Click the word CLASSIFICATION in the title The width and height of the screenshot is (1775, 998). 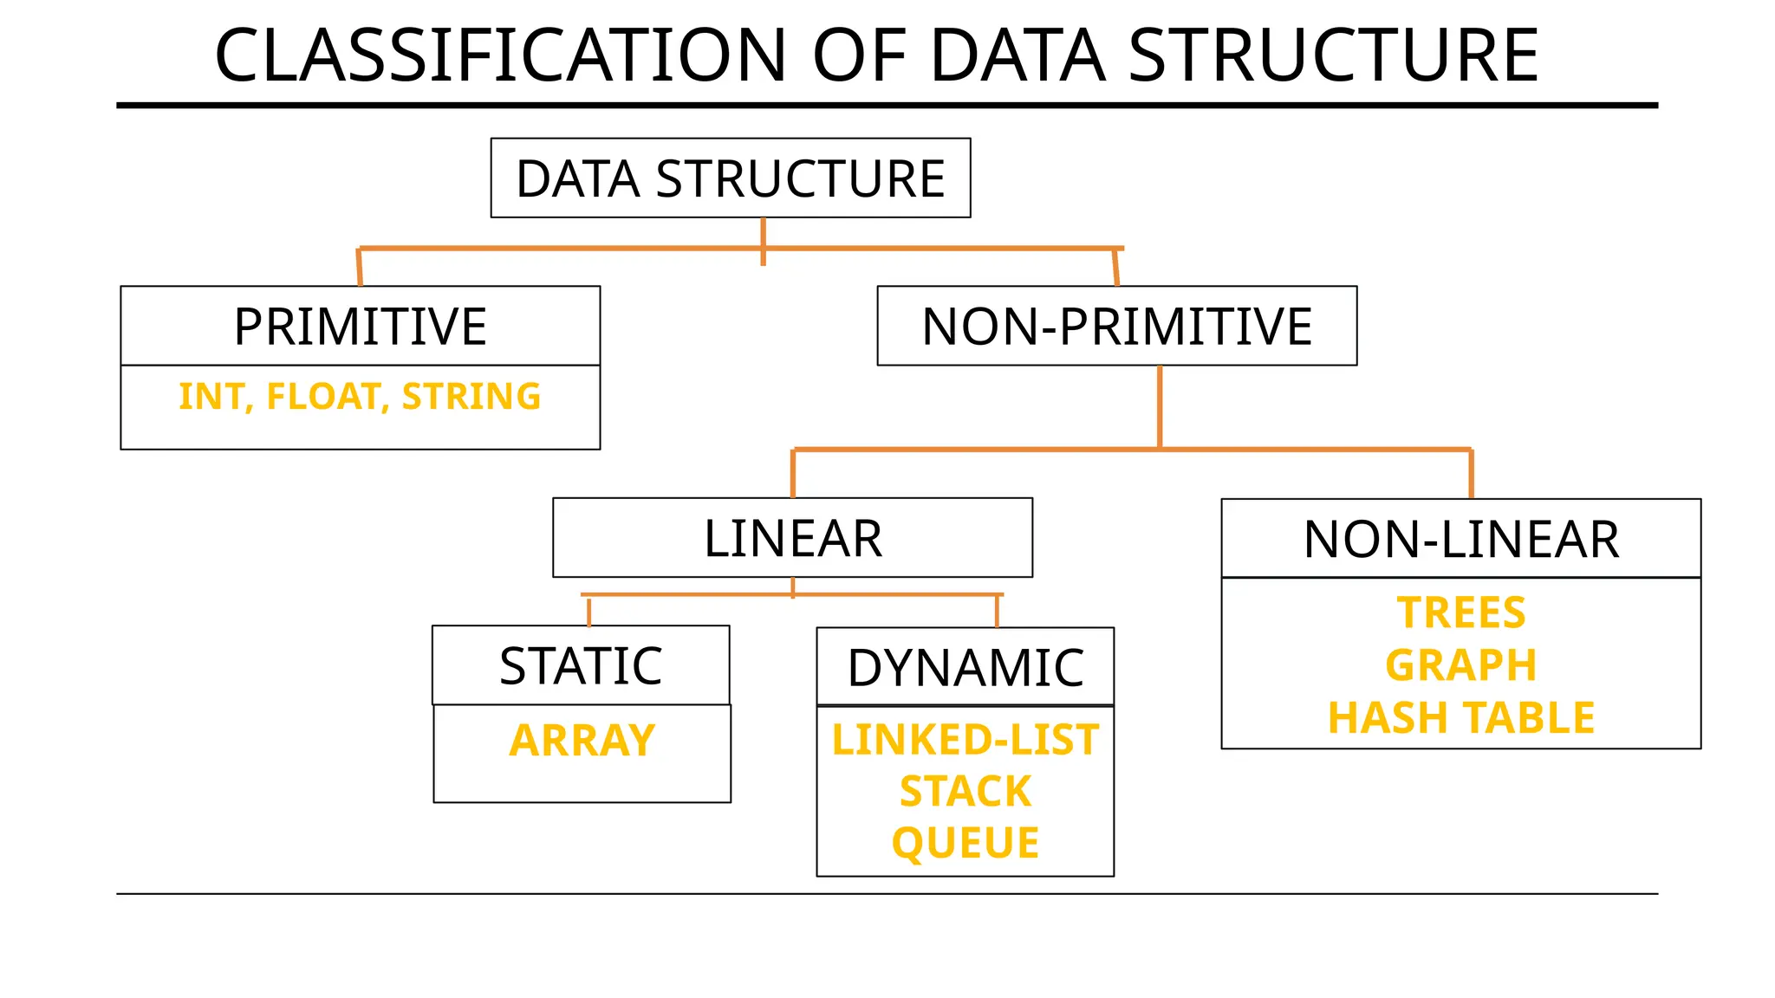500,55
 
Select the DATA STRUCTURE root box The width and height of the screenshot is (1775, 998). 730,178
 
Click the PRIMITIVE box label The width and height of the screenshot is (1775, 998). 360,327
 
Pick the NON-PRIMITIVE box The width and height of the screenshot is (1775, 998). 1116,327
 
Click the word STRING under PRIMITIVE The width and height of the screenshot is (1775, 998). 471,397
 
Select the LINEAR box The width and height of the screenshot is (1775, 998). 792,538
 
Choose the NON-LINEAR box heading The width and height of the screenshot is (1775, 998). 1460,539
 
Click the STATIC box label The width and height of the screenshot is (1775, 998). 581,666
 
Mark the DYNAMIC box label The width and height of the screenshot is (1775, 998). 965,668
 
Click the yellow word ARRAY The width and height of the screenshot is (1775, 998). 582,741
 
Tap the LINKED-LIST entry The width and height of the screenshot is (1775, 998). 965,740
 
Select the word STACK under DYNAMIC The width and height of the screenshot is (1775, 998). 965,791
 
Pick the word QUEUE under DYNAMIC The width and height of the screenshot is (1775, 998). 965,843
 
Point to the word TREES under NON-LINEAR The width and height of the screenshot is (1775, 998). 1460,612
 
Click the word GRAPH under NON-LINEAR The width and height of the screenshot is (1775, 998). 1460,665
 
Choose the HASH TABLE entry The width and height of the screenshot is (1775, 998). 1460,718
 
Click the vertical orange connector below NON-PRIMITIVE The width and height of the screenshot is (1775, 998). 1160,407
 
